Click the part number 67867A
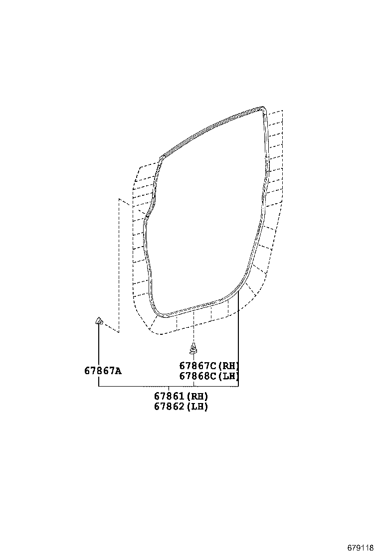[x=103, y=371]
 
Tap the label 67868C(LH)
[x=209, y=376]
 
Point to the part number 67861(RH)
[x=181, y=397]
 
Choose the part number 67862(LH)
[x=181, y=407]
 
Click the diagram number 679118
[x=361, y=547]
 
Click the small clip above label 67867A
[x=99, y=320]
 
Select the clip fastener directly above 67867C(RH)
[x=193, y=348]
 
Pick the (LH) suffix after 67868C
[x=229, y=376]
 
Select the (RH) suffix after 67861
[x=197, y=397]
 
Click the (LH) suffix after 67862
[x=197, y=407]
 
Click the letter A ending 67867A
[x=119, y=371]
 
